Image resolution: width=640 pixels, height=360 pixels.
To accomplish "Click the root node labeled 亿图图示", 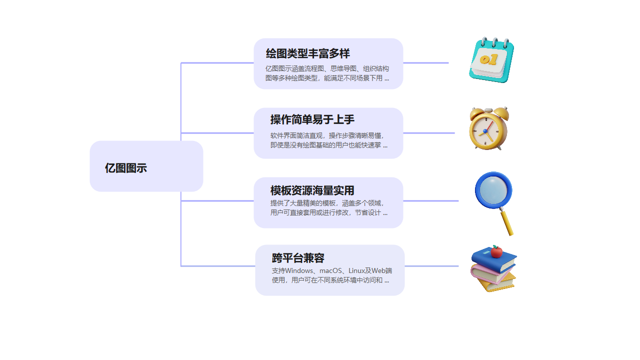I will pos(126,168).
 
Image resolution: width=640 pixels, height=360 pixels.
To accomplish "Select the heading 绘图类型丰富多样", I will pos(307,53).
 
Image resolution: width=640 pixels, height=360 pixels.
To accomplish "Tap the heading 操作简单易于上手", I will pos(312,119).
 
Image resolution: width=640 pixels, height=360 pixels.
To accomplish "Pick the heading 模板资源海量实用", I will pos(312,190).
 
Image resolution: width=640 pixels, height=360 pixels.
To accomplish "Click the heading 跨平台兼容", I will pos(298,258).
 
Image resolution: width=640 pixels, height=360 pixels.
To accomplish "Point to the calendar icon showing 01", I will pos(491,60).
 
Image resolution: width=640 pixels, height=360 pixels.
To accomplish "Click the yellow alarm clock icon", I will pos(488,128).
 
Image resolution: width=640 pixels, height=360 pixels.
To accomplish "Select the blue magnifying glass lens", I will pos(493,190).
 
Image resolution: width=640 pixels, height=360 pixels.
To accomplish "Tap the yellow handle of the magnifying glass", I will pos(506,222).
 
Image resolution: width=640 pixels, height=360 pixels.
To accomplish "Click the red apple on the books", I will pos(496,251).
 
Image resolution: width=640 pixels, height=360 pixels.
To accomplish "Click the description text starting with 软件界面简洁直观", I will pos(327,135).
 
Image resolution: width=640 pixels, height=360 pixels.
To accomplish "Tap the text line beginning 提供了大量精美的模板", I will pos(327,203).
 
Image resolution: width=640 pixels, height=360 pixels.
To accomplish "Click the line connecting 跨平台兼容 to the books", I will pos(431,266).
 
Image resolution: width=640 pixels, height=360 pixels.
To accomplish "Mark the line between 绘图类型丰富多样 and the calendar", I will pos(426,63).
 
